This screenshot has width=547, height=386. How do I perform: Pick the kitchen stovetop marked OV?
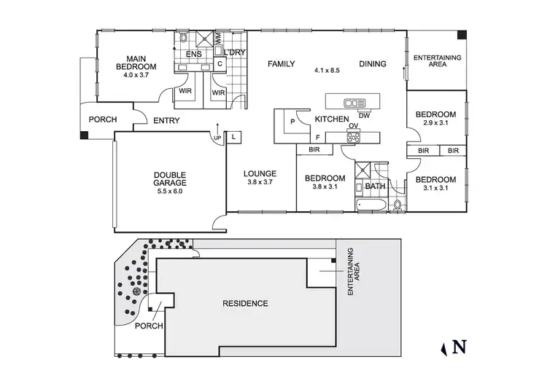coord(354,135)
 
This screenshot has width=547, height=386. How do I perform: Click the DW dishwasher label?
coord(365,114)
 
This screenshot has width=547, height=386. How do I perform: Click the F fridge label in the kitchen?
coord(317,136)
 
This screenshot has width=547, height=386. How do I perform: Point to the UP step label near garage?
coord(217,138)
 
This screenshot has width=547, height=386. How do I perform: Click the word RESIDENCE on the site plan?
coord(245,303)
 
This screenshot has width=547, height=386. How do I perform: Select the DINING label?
coord(372,64)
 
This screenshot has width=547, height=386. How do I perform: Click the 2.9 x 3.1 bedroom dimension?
coord(435,124)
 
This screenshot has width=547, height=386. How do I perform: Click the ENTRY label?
coord(166,121)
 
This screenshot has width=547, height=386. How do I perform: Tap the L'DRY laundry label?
coord(234,53)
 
